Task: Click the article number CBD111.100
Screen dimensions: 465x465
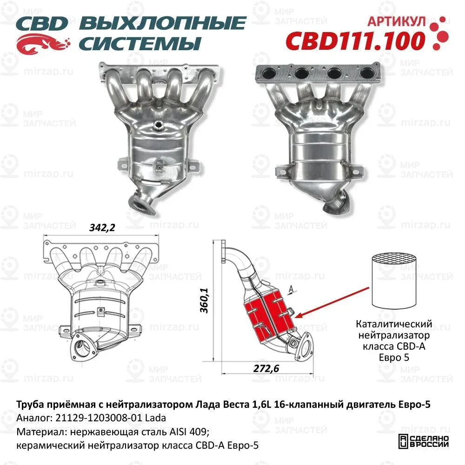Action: (x=354, y=40)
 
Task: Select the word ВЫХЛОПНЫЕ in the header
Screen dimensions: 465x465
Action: (x=163, y=23)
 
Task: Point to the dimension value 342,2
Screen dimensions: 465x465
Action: (x=101, y=227)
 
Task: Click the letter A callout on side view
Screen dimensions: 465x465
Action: (x=291, y=289)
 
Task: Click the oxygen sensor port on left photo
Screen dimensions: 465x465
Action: (x=159, y=124)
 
